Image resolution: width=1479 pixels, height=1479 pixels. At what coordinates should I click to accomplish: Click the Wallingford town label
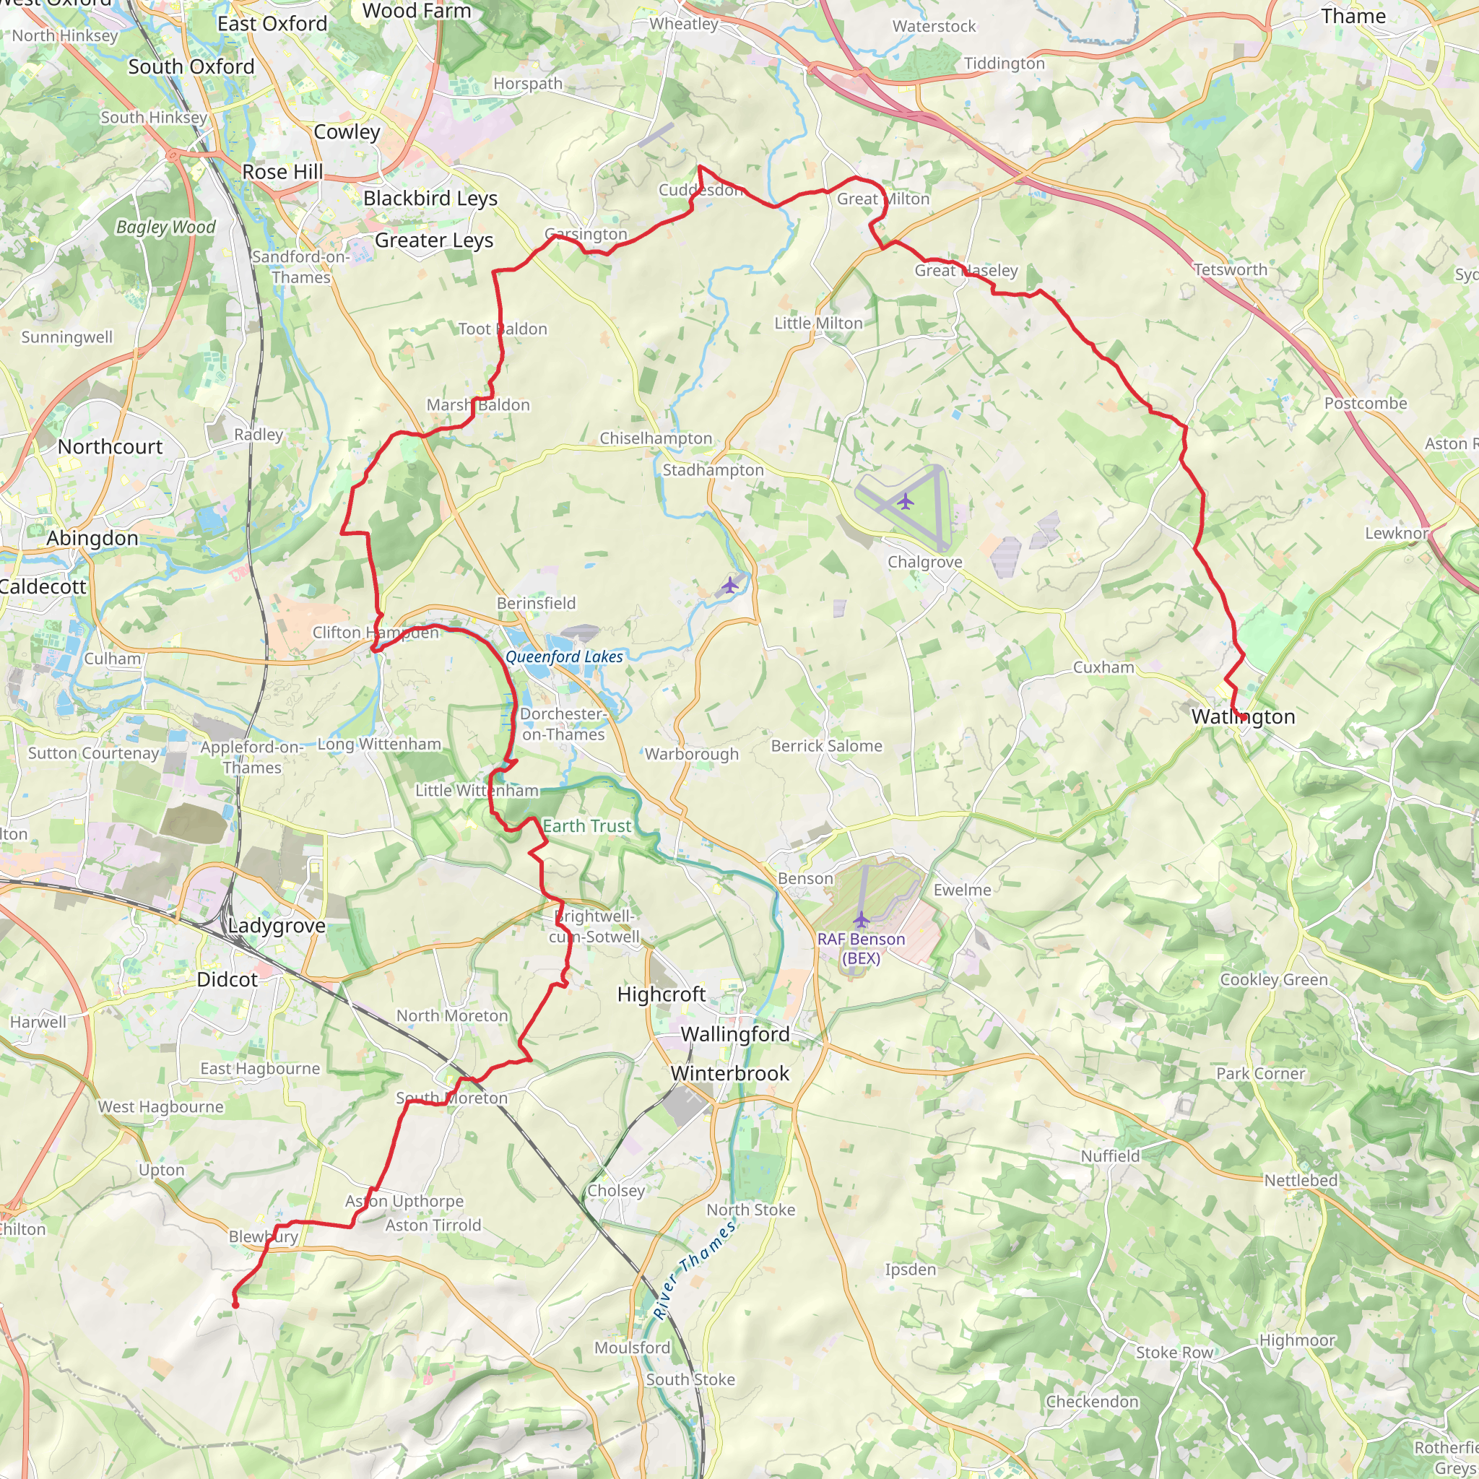(735, 1034)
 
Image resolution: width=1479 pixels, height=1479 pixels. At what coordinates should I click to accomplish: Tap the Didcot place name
(227, 980)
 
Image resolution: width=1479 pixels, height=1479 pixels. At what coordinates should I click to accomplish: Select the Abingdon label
(92, 538)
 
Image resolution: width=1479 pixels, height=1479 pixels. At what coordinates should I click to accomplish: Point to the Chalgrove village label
(925, 562)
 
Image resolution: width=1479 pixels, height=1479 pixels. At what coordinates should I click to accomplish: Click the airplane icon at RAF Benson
(862, 919)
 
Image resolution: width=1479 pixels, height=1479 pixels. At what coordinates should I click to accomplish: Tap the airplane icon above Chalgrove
(906, 502)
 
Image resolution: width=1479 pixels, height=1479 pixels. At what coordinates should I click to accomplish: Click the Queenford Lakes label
(564, 657)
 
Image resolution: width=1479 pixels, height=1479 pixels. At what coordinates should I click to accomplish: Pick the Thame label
(1353, 17)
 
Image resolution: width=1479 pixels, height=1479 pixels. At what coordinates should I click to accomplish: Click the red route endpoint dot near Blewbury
(235, 1304)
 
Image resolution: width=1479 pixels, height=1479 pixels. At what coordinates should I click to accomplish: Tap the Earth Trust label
(587, 826)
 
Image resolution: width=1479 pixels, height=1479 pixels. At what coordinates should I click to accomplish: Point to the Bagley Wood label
(166, 227)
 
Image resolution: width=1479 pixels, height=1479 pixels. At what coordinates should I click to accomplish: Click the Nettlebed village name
(1301, 1181)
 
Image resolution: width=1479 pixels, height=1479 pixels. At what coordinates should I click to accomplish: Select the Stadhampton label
(713, 470)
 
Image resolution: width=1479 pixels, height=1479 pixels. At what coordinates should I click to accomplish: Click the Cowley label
(347, 132)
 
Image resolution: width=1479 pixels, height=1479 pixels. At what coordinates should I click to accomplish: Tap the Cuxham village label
(1103, 667)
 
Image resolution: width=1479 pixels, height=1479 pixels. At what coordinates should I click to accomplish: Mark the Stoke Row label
(1174, 1353)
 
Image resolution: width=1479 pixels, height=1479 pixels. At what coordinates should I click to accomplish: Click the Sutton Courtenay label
(93, 753)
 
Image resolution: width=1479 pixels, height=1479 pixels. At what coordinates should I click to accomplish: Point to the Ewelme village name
(962, 890)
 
